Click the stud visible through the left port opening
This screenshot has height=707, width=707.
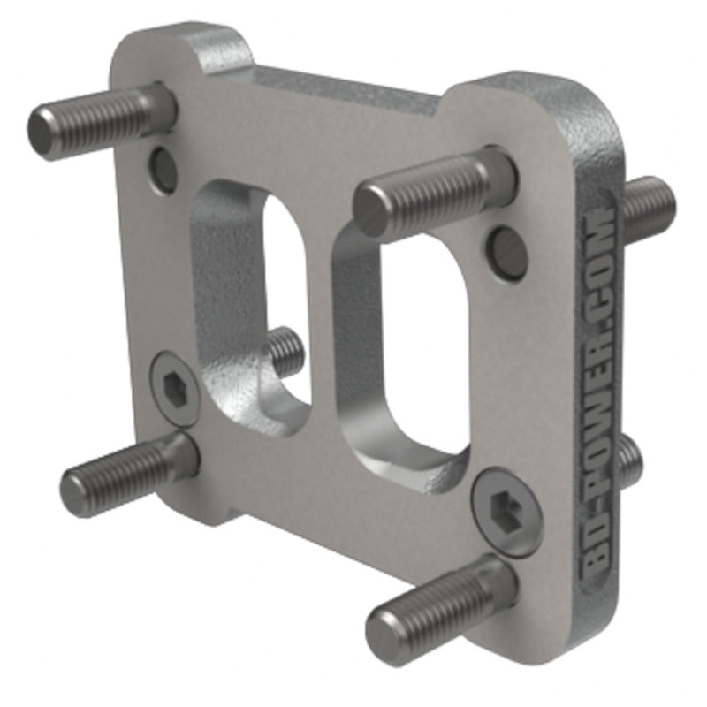point(285,349)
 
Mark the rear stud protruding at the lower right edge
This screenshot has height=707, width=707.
point(629,460)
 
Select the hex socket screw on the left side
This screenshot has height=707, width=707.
point(173,390)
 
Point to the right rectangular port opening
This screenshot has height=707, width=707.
point(415,353)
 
